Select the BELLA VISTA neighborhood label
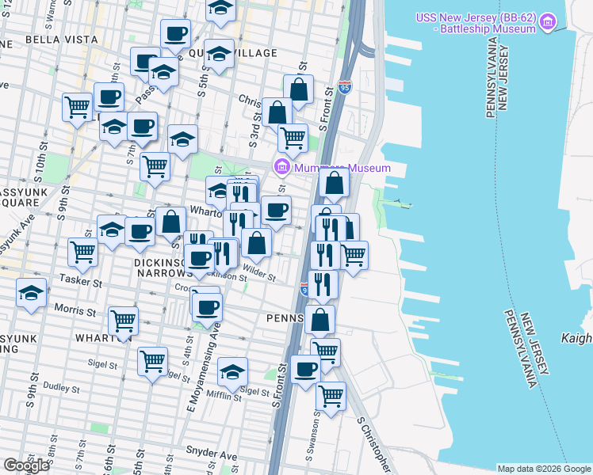(55, 38)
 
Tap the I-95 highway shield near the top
(344, 86)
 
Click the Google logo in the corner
(26, 465)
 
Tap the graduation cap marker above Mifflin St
(233, 370)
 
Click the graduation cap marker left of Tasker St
(32, 293)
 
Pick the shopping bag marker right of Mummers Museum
(335, 183)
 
